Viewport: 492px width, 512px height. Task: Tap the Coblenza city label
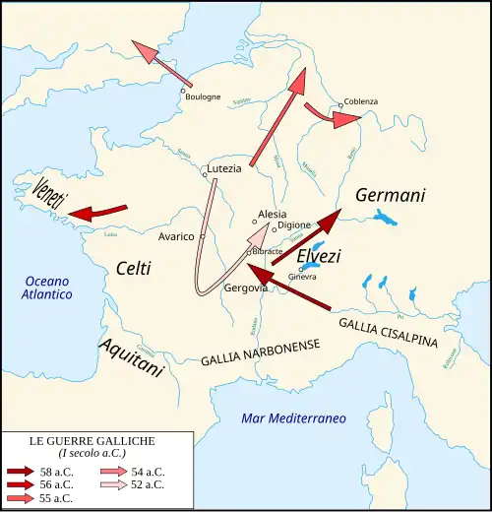[361, 101]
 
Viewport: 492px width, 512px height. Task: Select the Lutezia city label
[224, 168]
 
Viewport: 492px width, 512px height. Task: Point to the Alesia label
[272, 214]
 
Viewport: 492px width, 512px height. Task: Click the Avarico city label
[176, 236]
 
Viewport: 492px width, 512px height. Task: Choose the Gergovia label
[246, 288]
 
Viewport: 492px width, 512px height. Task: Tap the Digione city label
[294, 225]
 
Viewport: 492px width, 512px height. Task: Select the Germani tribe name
[390, 195]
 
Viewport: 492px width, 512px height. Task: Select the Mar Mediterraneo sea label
[293, 418]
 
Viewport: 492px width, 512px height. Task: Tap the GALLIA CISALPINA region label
[400, 336]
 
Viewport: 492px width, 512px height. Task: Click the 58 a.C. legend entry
[55, 471]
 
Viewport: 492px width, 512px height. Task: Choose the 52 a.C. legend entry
[148, 483]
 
